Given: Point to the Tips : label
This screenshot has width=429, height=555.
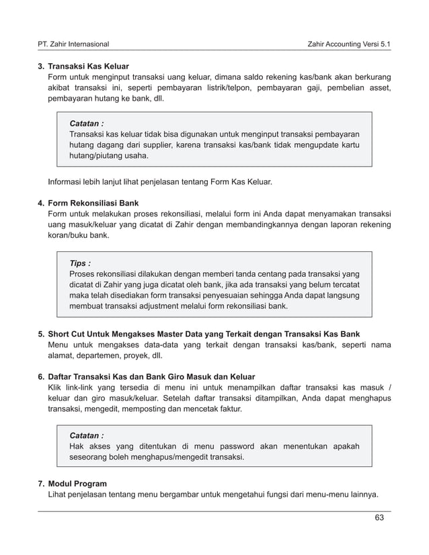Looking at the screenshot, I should click(80, 263).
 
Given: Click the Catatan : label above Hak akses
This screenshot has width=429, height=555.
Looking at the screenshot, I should click(87, 435).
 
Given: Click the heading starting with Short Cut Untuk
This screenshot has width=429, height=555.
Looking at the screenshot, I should click(204, 334).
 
